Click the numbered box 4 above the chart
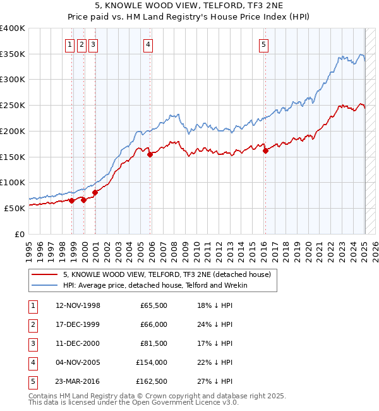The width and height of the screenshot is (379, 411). pyautogui.click(x=147, y=44)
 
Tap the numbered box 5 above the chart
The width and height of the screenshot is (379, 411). pyautogui.click(x=263, y=44)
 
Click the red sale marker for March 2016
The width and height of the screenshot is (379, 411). pyautogui.click(x=265, y=150)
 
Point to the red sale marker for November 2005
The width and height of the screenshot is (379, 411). pyautogui.click(x=150, y=154)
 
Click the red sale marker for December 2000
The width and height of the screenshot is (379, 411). pyautogui.click(x=95, y=192)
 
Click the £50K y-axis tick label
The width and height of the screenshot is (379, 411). pyautogui.click(x=15, y=208)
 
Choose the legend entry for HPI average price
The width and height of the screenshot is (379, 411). pyautogui.click(x=155, y=285)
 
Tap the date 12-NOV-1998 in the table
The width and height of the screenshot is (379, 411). pyautogui.click(x=78, y=305)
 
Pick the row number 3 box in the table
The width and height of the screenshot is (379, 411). pyautogui.click(x=32, y=343)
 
